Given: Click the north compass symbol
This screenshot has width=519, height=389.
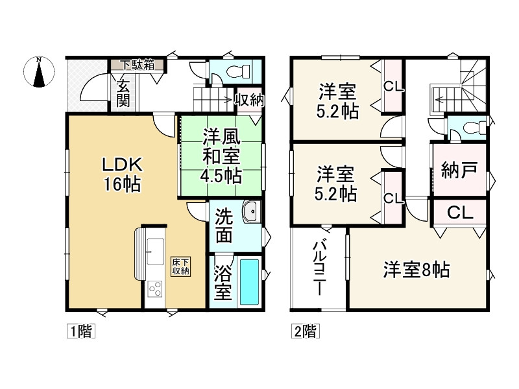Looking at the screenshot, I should (x=40, y=72).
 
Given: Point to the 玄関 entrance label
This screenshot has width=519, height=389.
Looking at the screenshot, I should (x=123, y=91).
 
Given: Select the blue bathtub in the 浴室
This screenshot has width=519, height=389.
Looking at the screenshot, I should (x=249, y=281).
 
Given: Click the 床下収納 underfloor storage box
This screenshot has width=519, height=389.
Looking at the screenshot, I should (x=180, y=266).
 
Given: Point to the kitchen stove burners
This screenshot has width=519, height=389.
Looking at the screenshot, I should (x=156, y=287).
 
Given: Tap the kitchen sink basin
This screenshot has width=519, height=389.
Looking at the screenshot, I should (x=156, y=252).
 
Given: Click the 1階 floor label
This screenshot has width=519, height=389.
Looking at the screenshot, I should (x=81, y=332).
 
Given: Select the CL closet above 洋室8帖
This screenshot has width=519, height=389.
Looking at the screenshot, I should (x=459, y=211).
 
